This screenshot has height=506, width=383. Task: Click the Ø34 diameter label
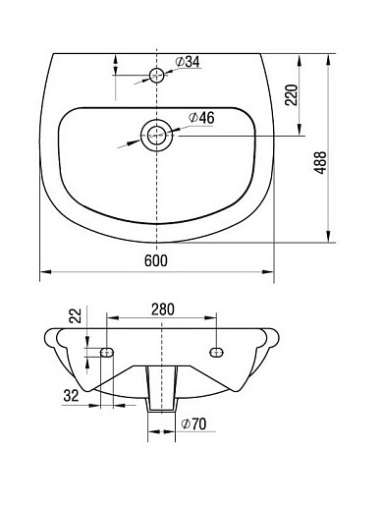188,62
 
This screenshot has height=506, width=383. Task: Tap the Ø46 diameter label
201,118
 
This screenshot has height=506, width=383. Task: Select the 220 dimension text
292,95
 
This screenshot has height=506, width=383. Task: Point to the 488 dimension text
320,162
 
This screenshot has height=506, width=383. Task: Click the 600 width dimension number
156,260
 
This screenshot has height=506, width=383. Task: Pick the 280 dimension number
163,309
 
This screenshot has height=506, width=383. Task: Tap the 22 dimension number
76,316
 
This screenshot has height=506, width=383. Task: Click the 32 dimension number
71,396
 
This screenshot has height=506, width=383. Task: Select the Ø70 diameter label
193,424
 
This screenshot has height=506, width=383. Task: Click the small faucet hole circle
156,76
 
